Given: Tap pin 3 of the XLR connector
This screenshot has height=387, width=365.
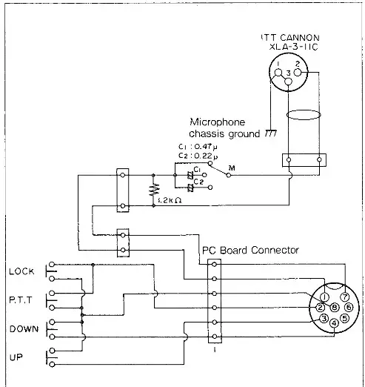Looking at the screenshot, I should [x=289, y=72].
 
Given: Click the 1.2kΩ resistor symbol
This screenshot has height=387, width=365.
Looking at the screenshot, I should [x=154, y=189].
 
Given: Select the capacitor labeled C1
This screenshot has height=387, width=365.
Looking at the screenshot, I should [x=190, y=176].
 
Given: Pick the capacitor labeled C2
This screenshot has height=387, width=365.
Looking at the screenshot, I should [x=190, y=188].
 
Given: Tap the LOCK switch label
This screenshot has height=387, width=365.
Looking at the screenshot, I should [x=21, y=271].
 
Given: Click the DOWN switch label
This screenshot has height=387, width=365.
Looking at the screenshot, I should [x=21, y=328].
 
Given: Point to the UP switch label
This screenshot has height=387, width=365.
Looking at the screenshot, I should [x=16, y=357].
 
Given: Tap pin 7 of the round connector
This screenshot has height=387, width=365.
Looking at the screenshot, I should [x=344, y=297].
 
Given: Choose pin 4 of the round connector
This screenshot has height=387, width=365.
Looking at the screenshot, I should [x=334, y=322].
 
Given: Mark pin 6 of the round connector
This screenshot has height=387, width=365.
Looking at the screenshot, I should [x=348, y=307].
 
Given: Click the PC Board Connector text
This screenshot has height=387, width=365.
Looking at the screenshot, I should [x=250, y=251].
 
